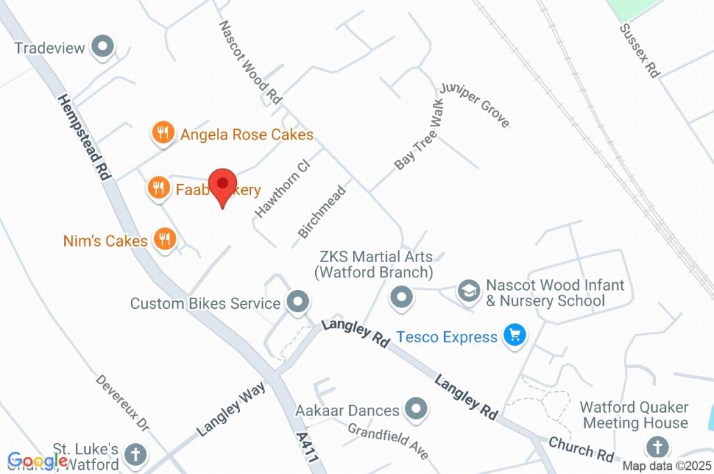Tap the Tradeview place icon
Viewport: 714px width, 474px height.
[x=104, y=47]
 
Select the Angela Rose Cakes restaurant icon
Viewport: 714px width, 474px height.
[x=162, y=132]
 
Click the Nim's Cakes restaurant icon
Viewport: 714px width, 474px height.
[x=165, y=240]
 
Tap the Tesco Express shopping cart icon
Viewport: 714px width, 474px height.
[x=515, y=336]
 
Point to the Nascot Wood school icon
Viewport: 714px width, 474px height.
[x=468, y=291]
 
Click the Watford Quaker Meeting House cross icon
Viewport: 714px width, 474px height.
[x=657, y=445]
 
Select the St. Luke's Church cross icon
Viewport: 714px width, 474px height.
[x=135, y=455]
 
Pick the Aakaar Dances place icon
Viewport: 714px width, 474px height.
[x=416, y=409]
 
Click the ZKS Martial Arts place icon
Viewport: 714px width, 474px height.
[x=401, y=298]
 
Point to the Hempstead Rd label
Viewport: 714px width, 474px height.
[x=83, y=137]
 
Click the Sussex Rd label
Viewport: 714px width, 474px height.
[x=639, y=51]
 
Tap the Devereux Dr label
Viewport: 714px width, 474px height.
[x=123, y=403]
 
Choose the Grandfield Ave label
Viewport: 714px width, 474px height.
[x=388, y=441]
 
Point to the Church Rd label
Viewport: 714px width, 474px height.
[x=580, y=449]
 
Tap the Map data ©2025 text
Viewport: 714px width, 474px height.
[x=667, y=466]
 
